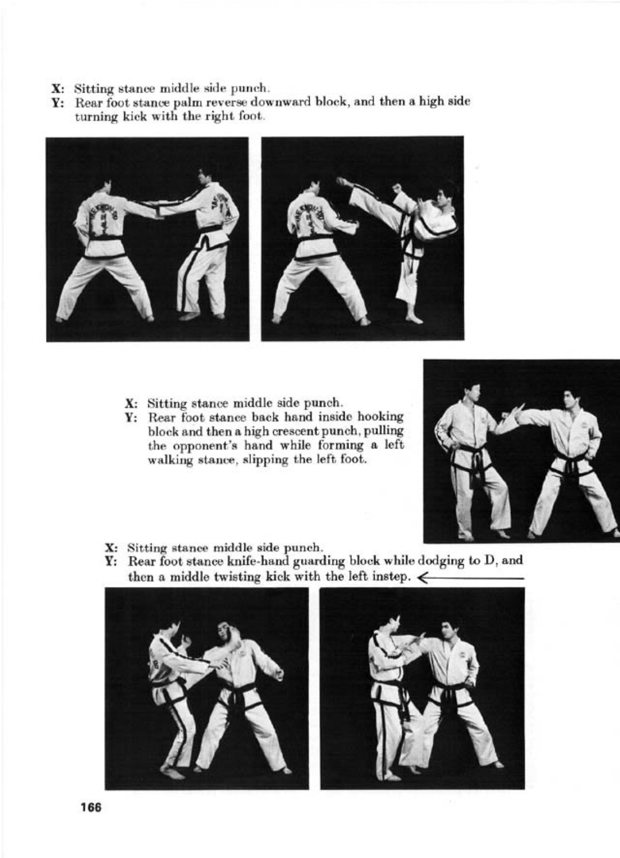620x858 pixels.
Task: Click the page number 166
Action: (x=91, y=808)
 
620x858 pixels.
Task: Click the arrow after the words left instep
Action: (x=470, y=578)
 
